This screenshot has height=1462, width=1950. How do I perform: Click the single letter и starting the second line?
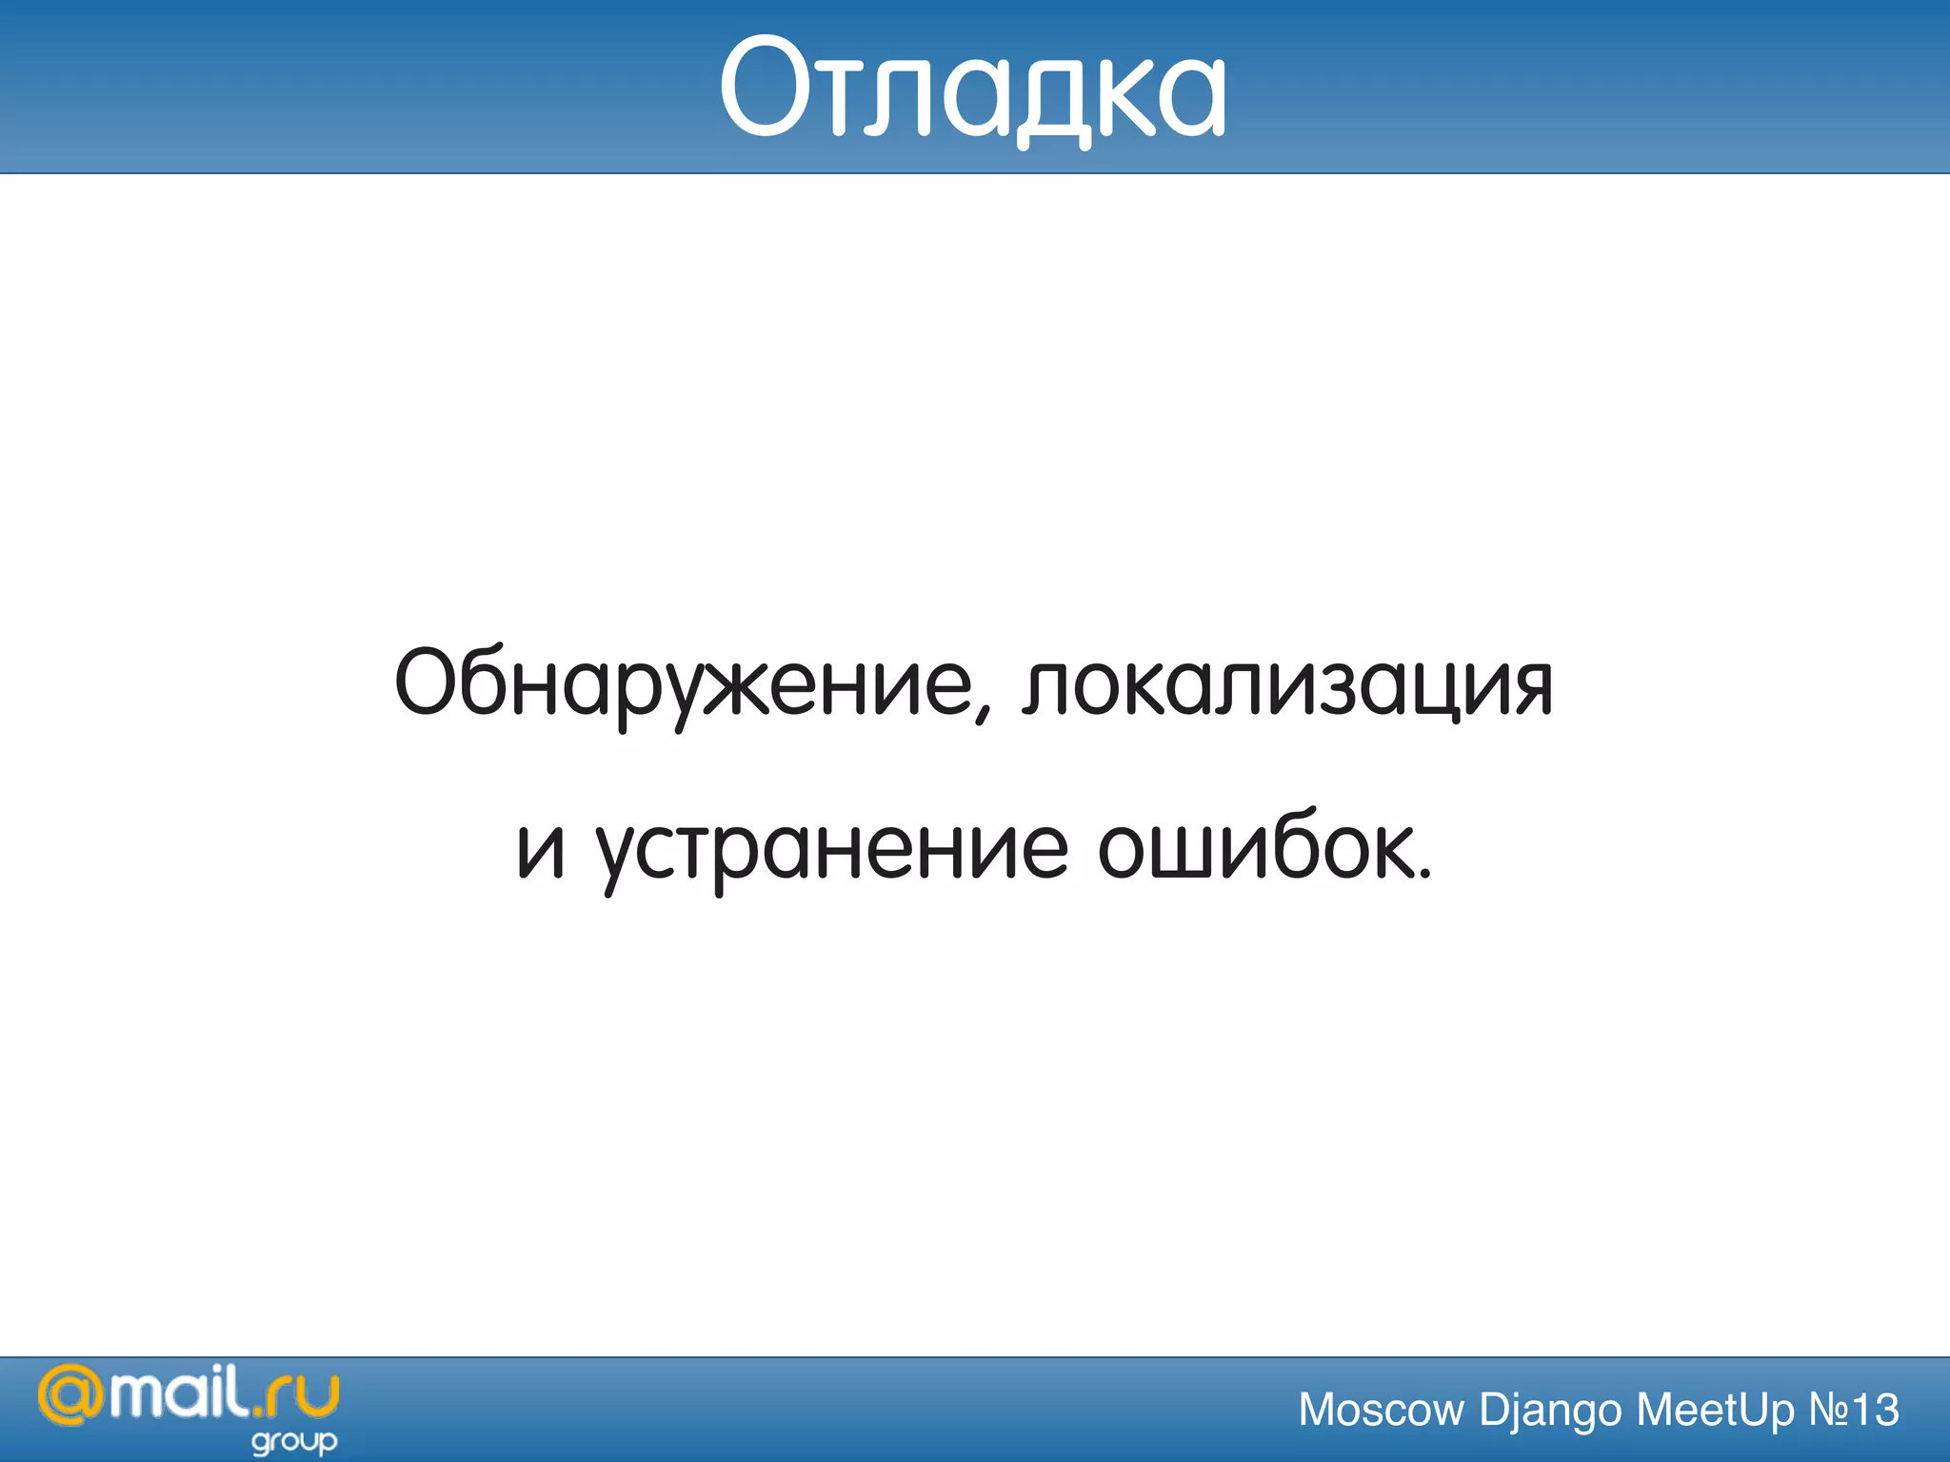pos(541,849)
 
